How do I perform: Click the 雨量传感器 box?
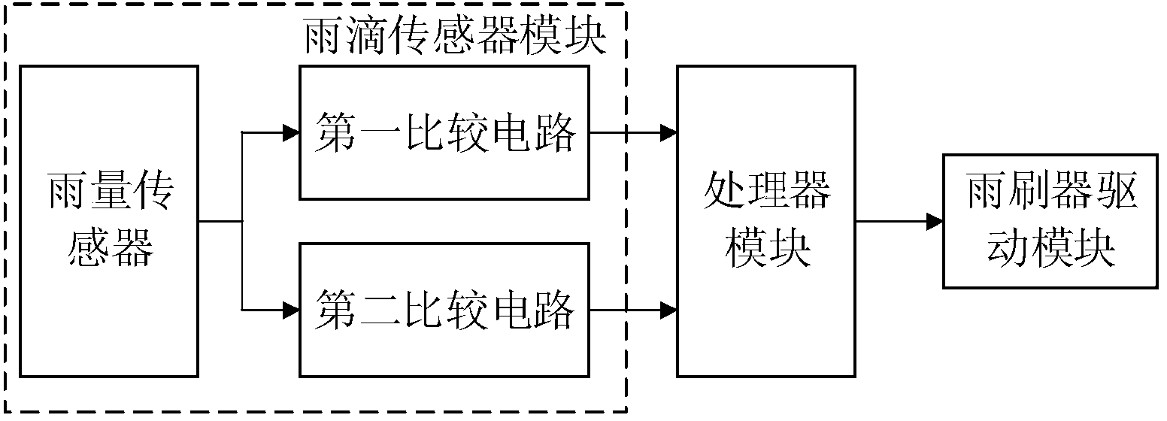(x=109, y=221)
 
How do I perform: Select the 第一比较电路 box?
(x=444, y=133)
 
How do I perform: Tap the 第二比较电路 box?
(x=444, y=309)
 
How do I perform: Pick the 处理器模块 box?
(x=765, y=221)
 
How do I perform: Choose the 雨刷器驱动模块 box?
(x=1051, y=221)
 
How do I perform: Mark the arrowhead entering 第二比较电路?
(x=291, y=309)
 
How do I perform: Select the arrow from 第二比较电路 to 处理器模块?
(x=632, y=309)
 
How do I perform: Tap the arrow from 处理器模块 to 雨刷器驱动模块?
(x=899, y=222)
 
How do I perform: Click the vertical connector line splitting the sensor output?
(x=242, y=221)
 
